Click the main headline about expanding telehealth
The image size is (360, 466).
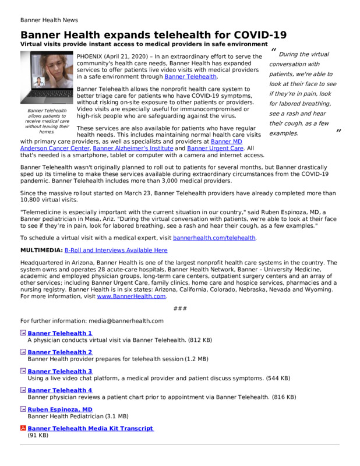click(x=153, y=35)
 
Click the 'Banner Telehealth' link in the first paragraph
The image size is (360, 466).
click(x=190, y=77)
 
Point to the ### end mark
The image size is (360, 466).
click(x=179, y=308)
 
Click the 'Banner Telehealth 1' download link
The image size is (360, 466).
click(x=59, y=333)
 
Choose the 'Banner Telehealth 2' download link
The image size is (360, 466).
click(x=59, y=352)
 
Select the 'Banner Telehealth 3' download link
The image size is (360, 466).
click(x=59, y=372)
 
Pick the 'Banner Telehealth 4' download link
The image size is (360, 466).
click(x=59, y=390)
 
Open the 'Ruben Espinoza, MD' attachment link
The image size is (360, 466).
click(x=60, y=409)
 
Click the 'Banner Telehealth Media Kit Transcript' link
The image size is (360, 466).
click(x=90, y=429)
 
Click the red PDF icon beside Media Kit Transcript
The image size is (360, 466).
click(x=23, y=429)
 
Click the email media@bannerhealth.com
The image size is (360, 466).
click(x=125, y=320)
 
